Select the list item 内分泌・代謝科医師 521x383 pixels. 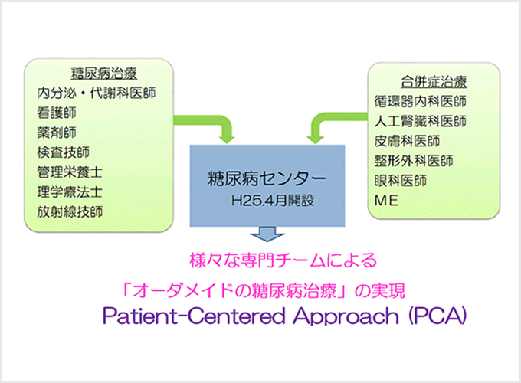[97, 93]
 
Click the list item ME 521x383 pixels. [385, 201]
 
